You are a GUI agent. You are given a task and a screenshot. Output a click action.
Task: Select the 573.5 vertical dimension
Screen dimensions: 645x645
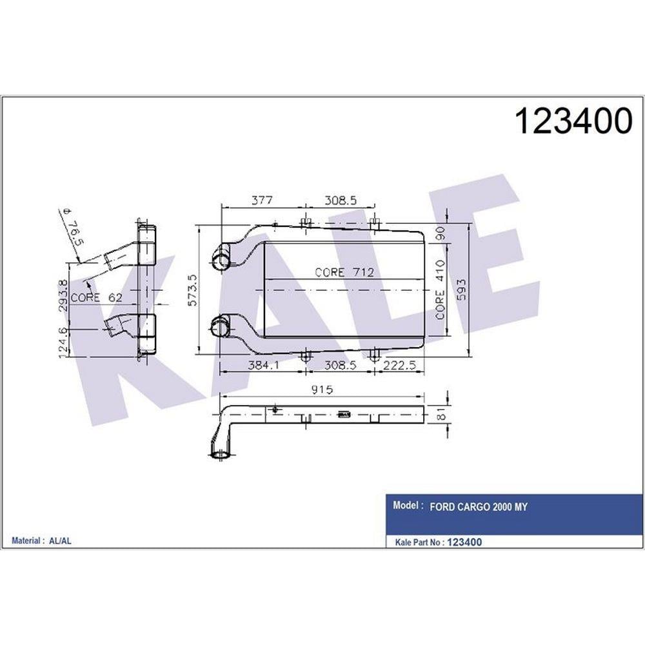click(x=193, y=290)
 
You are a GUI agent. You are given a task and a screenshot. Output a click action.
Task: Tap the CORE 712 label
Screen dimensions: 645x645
click(x=344, y=272)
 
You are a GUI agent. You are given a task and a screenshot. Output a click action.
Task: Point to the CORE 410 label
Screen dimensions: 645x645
click(x=441, y=290)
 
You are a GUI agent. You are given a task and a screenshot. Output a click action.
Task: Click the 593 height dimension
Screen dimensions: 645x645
click(x=462, y=290)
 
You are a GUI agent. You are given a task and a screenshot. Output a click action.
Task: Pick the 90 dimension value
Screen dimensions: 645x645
click(x=441, y=233)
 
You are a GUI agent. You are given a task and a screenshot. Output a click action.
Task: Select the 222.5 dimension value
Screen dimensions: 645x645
click(x=399, y=364)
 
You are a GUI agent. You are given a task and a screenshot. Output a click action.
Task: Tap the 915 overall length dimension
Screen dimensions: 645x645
click(x=322, y=389)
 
